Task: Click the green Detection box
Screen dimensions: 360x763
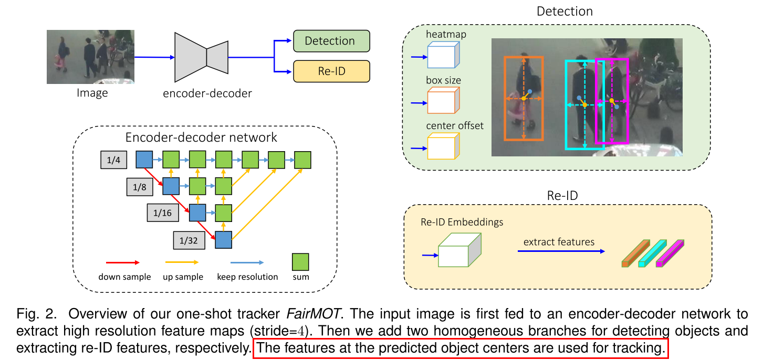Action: tap(331, 41)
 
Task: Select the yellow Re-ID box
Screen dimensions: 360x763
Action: tap(331, 71)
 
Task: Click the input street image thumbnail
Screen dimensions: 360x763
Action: tap(90, 57)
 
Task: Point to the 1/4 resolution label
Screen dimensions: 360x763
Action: tap(113, 160)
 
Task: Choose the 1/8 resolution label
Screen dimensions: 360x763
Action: tap(139, 186)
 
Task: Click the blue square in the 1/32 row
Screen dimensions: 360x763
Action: tap(224, 240)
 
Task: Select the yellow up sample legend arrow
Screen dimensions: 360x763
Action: tap(182, 262)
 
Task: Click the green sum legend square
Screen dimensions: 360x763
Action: tap(300, 261)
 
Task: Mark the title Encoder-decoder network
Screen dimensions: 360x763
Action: tap(201, 137)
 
